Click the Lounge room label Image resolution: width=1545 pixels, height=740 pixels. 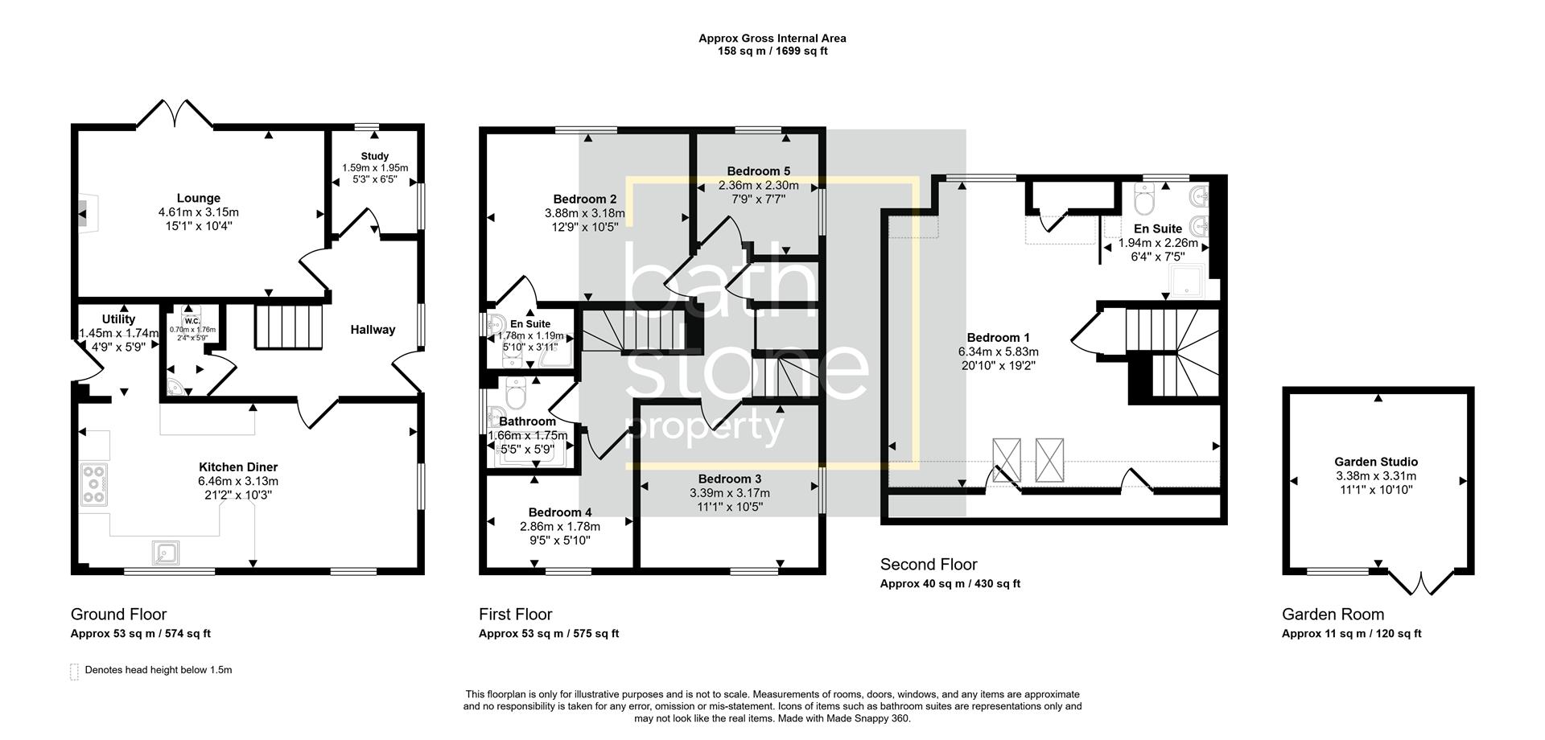click(x=198, y=198)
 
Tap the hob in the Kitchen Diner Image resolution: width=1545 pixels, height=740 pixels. click(x=93, y=485)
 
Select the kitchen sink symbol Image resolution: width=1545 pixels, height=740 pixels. click(x=166, y=553)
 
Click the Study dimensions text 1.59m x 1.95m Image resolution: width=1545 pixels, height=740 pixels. click(x=375, y=168)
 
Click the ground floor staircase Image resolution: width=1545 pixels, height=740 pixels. click(x=288, y=326)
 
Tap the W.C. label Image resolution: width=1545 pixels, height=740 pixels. click(x=192, y=321)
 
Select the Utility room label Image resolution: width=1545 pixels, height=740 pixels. click(x=118, y=319)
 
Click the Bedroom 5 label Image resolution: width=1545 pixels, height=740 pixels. click(x=758, y=171)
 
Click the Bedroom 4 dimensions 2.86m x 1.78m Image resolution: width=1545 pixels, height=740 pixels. click(x=559, y=526)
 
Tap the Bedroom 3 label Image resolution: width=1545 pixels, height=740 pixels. click(x=729, y=479)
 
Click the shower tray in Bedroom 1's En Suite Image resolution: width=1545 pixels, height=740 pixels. click(x=1188, y=280)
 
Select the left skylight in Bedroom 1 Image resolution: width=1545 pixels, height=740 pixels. click(x=1006, y=460)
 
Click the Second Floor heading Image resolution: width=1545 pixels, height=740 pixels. click(x=928, y=564)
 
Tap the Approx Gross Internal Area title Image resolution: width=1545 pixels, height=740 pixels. click(x=772, y=38)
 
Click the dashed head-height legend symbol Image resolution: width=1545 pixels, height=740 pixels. click(x=75, y=671)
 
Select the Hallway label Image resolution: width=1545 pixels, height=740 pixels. click(x=373, y=329)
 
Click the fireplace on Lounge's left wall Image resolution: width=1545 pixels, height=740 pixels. click(x=83, y=213)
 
